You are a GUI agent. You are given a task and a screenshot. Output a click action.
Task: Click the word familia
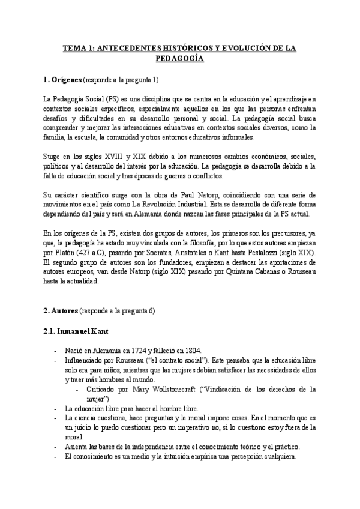coord(55,137)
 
